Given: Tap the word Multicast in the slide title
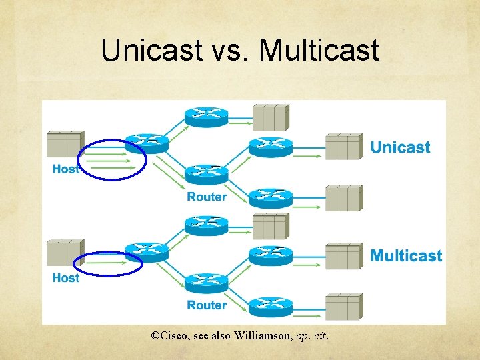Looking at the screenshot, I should [319, 50].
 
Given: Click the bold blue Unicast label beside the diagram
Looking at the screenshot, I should [400, 147].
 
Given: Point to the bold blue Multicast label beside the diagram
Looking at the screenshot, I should [406, 255].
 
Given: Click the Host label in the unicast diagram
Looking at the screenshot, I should [65, 169].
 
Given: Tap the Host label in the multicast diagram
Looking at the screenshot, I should [65, 277].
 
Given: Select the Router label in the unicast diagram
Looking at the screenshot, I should [207, 197].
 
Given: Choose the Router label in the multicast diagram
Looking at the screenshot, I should [207, 305].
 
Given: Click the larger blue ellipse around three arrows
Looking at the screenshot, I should [112, 159].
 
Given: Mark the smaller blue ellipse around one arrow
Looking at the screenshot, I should [108, 263].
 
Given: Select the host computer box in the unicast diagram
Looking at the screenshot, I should [65, 144].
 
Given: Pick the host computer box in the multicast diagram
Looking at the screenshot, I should [65, 253].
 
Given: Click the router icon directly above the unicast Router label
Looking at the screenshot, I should [207, 174].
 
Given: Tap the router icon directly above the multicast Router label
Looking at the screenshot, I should [207, 283].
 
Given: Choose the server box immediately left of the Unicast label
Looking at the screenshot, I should [343, 147].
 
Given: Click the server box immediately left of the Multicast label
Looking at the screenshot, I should [343, 256].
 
